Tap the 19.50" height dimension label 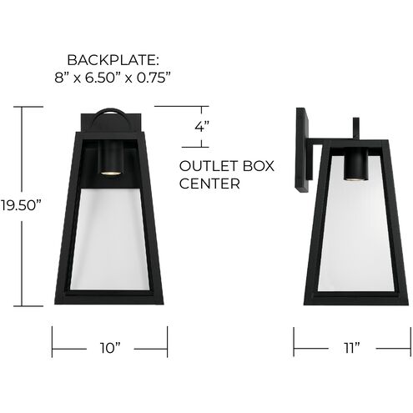(21, 204)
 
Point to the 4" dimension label (200, 128)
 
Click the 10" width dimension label (111, 345)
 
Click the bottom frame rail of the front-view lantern (110, 297)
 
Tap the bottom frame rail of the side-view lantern (355, 298)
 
